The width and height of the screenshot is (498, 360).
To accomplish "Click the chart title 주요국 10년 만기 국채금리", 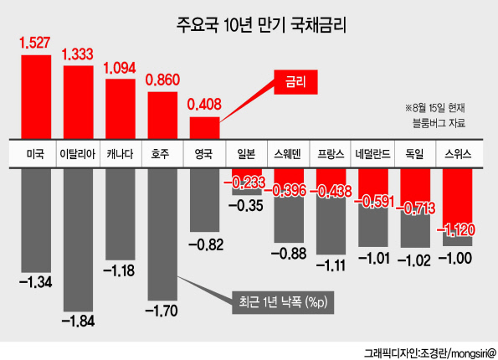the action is point(261,25).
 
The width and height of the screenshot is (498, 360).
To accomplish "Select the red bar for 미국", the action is point(36,97).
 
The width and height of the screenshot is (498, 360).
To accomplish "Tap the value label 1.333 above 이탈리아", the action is point(78,54).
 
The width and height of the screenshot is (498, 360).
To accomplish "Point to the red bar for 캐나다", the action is point(121,109).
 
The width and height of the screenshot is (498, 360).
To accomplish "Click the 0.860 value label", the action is point(162,80).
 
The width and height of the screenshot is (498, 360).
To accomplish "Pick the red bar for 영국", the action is point(204,128).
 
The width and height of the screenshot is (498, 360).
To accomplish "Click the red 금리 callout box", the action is point(295,82).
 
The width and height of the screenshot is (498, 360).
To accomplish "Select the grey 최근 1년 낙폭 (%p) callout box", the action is point(283,302).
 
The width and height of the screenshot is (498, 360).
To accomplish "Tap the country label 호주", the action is point(160,154).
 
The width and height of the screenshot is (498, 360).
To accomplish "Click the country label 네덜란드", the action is point(372,154).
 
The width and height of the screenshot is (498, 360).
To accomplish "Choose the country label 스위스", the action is point(458,154).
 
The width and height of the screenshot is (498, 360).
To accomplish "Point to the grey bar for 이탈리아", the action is point(78,240).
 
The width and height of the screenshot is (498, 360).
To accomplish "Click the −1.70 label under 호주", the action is point(162,311).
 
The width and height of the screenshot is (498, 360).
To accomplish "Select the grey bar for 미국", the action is point(36,220).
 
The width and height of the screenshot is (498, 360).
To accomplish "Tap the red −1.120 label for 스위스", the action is point(456,229).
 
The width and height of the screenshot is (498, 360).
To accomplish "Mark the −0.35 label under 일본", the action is point(246,206).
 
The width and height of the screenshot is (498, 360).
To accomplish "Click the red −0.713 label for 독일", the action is point(415,208).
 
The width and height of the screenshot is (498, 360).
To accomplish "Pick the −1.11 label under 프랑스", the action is point(331,265).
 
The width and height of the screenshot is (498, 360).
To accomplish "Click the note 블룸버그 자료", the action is point(439,122).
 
